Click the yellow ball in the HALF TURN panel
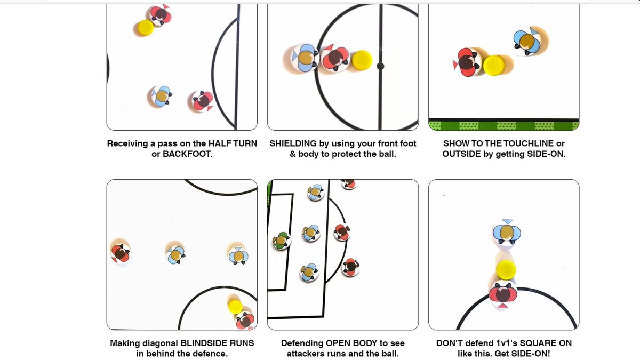pyautogui.click(x=145, y=28)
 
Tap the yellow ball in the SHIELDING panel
pyautogui.click(x=362, y=60)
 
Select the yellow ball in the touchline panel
pyautogui.click(x=493, y=65)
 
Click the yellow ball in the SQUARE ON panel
pyautogui.click(x=506, y=269)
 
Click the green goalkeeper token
pyautogui.click(x=281, y=241)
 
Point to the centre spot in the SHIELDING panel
pyautogui.click(x=380, y=67)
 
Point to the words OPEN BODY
pyautogui.click(x=351, y=343)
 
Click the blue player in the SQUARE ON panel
pyautogui.click(x=506, y=232)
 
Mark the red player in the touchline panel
pyautogui.click(x=467, y=62)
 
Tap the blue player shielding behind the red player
pyautogui.click(x=305, y=58)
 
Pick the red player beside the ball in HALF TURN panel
pyautogui.click(x=160, y=14)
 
